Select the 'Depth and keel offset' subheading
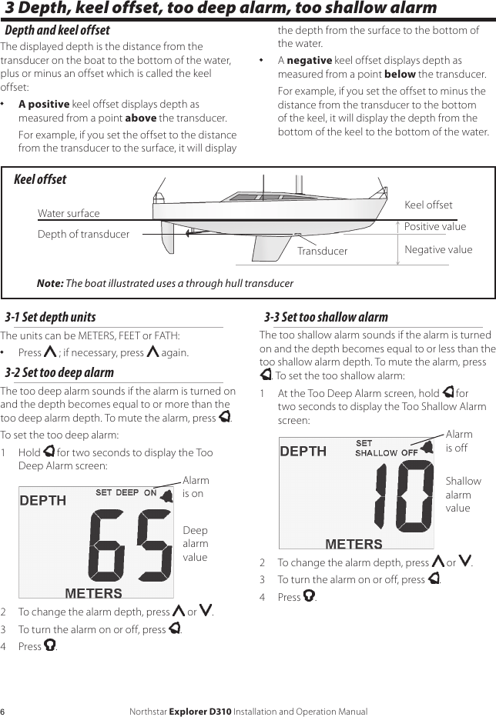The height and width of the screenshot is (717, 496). (x=58, y=31)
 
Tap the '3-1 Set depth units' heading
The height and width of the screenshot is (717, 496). (x=51, y=317)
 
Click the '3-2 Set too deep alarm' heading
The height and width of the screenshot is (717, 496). (x=60, y=372)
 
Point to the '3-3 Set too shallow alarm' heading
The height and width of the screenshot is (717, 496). (x=327, y=317)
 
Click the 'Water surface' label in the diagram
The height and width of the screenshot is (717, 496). (x=69, y=213)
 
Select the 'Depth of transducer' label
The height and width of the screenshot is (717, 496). (x=83, y=234)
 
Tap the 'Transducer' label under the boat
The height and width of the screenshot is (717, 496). (x=322, y=251)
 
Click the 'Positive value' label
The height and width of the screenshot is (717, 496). (x=435, y=227)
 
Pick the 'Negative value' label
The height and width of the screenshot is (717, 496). (x=438, y=249)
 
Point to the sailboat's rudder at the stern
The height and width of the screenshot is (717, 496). (x=169, y=239)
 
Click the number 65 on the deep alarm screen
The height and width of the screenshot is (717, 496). (x=130, y=548)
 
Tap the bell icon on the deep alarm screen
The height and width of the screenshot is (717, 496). (x=165, y=495)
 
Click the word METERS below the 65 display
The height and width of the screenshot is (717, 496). (x=93, y=593)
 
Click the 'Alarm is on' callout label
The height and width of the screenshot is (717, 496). (x=196, y=487)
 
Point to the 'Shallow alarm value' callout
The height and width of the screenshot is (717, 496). (x=463, y=494)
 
